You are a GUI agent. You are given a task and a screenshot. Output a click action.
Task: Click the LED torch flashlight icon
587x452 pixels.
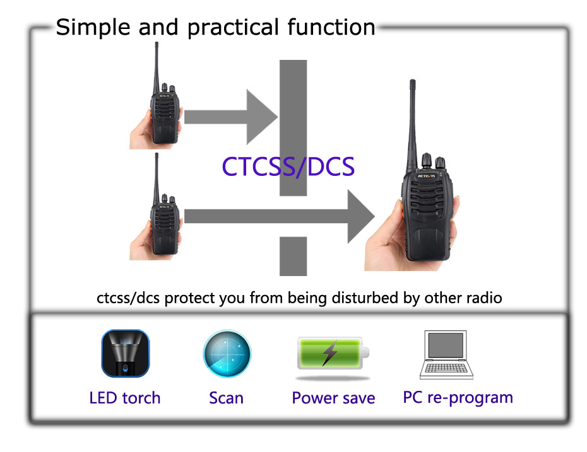pyautogui.click(x=125, y=353)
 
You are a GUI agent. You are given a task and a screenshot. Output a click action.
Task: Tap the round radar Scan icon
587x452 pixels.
pyautogui.click(x=227, y=354)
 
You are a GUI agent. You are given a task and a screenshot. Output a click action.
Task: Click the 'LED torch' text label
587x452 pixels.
pyautogui.click(x=125, y=398)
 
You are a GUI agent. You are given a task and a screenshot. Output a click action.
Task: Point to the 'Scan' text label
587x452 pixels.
pyautogui.click(x=226, y=398)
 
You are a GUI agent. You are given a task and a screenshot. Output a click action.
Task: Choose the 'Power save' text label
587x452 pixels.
pyautogui.click(x=333, y=398)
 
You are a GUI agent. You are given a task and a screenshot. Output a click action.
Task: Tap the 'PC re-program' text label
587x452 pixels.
pyautogui.click(x=458, y=397)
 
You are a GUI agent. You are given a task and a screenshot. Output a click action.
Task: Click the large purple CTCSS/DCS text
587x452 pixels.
pyautogui.click(x=288, y=166)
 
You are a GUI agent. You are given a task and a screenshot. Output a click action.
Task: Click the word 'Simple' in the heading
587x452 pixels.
pyautogui.click(x=93, y=27)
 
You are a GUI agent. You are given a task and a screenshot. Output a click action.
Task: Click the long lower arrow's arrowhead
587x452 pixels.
pyautogui.click(x=360, y=216)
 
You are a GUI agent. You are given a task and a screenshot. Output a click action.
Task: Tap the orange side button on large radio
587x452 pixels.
pyautogui.click(x=398, y=207)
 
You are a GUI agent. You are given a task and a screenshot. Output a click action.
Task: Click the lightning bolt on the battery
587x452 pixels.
pyautogui.click(x=329, y=353)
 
